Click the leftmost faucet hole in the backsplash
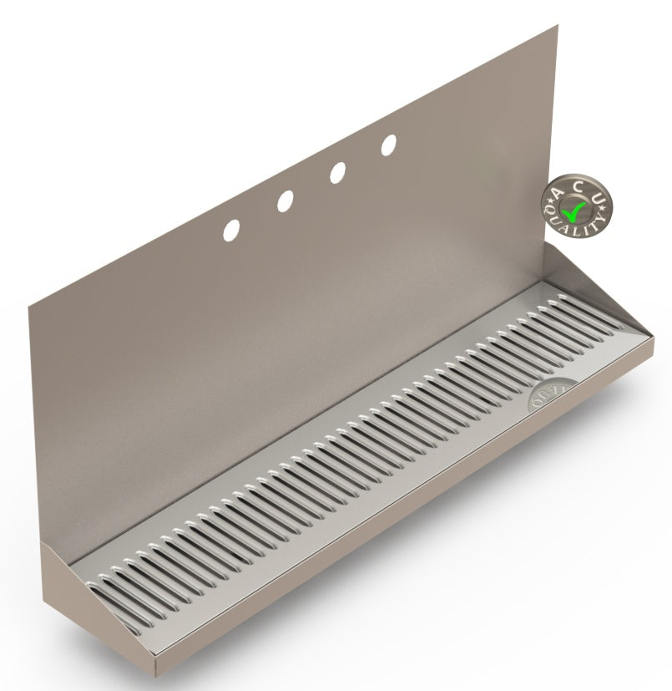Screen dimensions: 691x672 (231, 229)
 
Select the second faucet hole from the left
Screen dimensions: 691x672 (285, 201)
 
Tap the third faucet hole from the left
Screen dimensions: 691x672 (337, 172)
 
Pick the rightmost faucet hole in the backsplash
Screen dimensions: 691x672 (389, 145)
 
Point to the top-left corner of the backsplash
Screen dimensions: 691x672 (28, 304)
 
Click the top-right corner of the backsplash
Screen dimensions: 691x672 (557, 26)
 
